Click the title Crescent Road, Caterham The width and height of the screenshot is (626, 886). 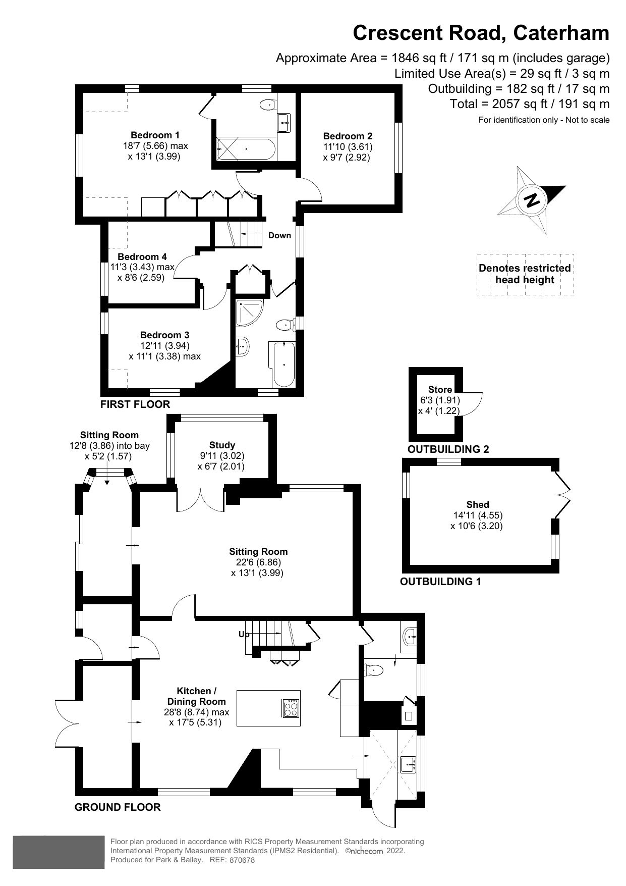click(x=481, y=33)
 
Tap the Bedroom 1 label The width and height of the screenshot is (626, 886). click(x=155, y=135)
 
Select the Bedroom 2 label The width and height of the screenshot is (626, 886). click(x=348, y=136)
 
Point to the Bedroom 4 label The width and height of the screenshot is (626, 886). click(x=142, y=256)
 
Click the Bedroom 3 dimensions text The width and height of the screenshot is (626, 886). click(x=164, y=351)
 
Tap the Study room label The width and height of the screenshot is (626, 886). click(x=222, y=445)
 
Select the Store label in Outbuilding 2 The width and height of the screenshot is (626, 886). click(x=440, y=389)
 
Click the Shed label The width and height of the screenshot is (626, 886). click(x=477, y=504)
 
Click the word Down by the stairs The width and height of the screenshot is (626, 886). click(x=279, y=235)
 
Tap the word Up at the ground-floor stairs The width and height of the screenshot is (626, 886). click(x=244, y=634)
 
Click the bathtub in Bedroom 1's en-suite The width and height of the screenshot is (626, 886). click(x=246, y=149)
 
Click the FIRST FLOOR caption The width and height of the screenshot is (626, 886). click(x=135, y=404)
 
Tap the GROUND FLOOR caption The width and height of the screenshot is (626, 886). click(x=118, y=807)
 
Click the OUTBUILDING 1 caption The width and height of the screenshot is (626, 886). click(x=440, y=581)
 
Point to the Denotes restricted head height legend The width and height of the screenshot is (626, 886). click(x=525, y=274)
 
